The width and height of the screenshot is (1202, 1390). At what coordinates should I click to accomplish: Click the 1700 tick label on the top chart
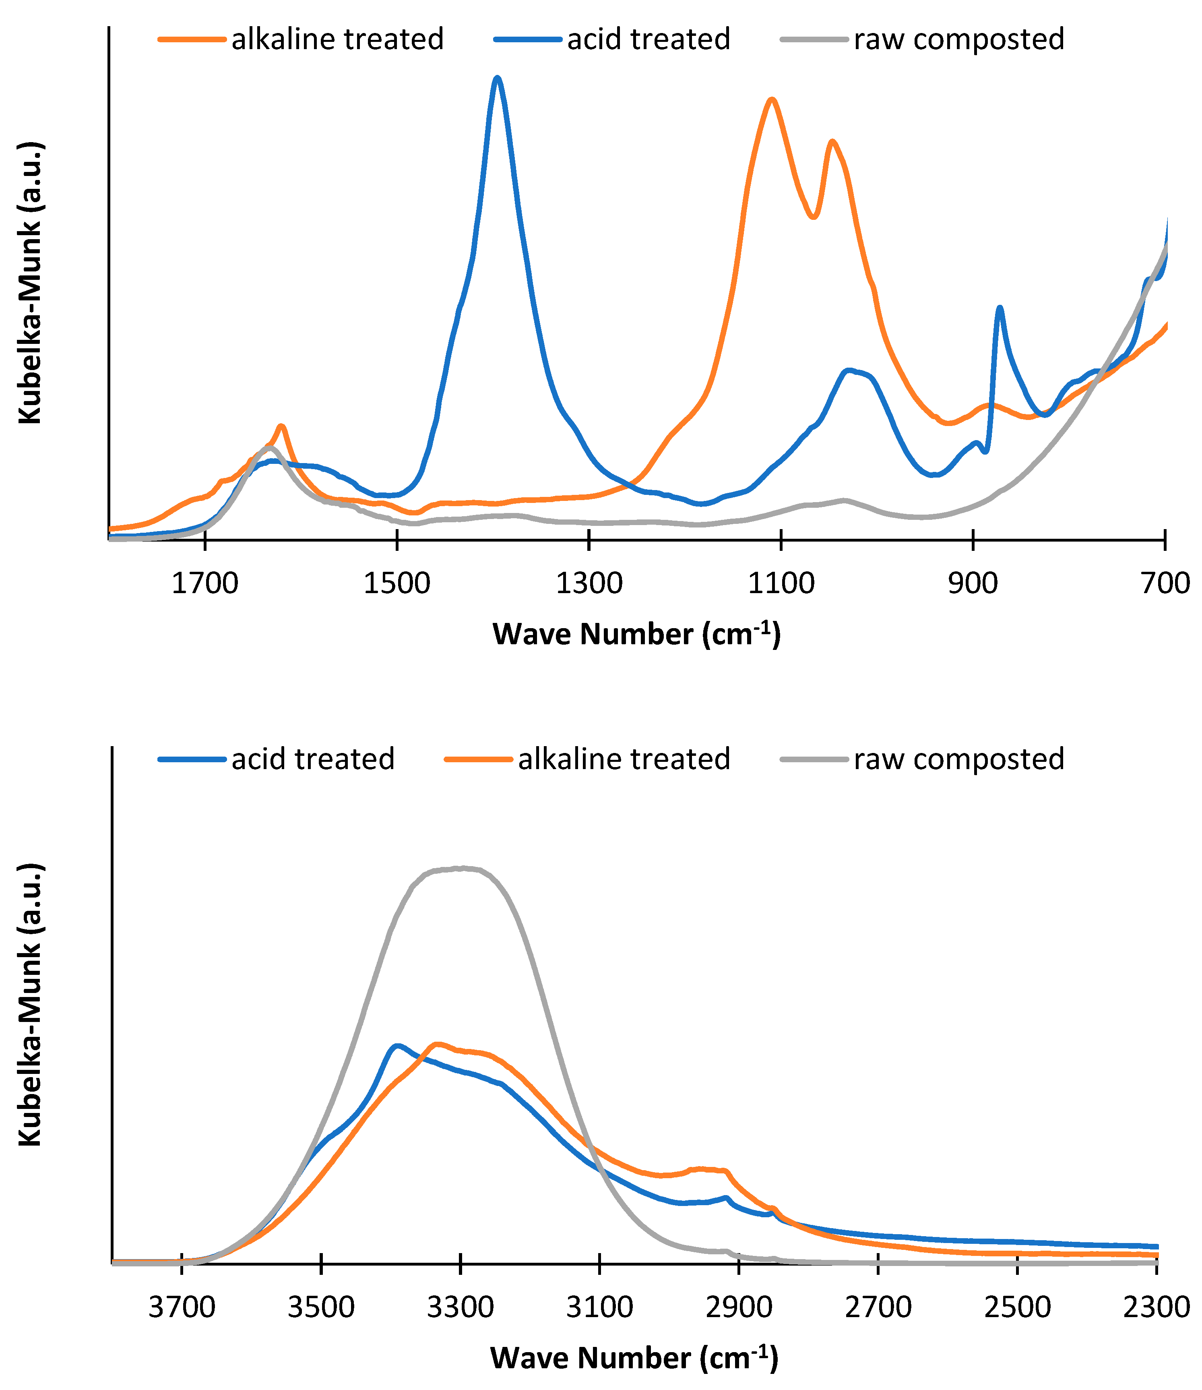pos(205,583)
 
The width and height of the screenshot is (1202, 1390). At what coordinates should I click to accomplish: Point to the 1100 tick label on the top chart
pos(781,583)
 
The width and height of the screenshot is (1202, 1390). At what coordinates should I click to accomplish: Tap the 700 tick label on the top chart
pos(1165,583)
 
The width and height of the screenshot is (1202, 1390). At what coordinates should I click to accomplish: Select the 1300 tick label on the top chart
pos(589,583)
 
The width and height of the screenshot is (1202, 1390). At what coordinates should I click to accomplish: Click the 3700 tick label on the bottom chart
pos(182,1307)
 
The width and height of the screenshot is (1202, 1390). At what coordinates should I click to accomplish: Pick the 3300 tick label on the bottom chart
pos(461,1307)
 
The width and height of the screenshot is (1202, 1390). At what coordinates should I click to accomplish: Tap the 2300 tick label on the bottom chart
pos(1157,1307)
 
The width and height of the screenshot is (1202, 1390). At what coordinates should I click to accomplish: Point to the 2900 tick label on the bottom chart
pos(739,1307)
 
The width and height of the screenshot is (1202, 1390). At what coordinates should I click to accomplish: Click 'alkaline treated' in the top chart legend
pos(337,39)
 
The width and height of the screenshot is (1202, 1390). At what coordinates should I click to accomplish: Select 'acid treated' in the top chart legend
pos(648,39)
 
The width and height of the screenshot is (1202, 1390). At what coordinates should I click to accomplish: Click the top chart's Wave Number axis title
pos(636,634)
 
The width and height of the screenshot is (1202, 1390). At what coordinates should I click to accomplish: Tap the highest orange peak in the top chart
pos(772,99)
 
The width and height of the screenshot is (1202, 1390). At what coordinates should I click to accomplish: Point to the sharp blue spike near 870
pos(1000,308)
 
